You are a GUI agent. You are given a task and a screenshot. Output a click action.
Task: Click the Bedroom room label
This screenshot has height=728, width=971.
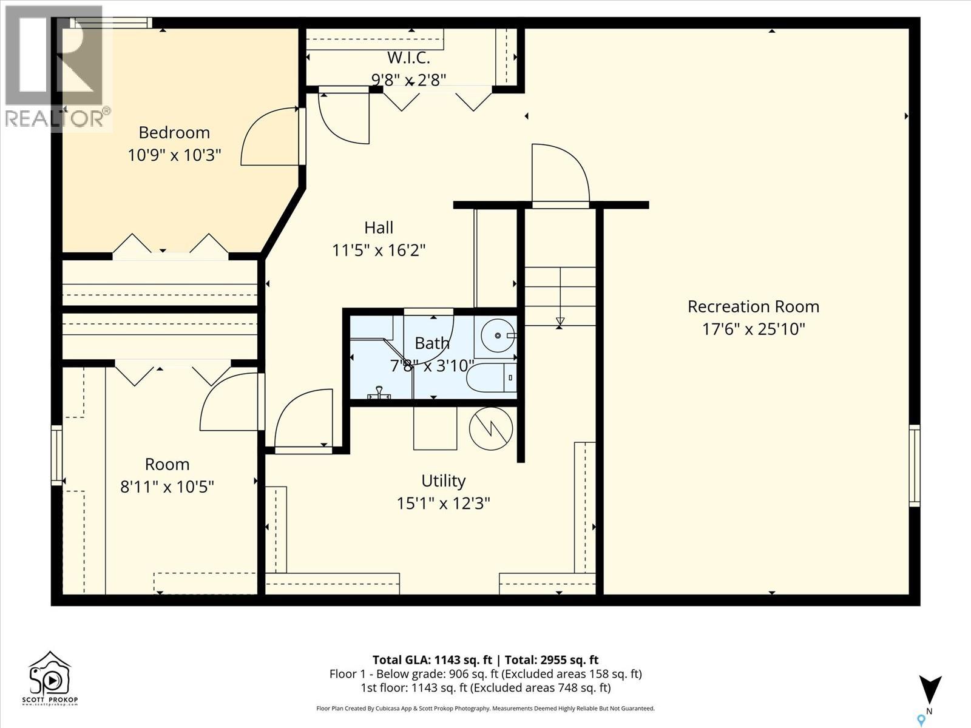(x=174, y=132)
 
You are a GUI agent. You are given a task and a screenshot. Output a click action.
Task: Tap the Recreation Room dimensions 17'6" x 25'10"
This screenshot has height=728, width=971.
(x=753, y=329)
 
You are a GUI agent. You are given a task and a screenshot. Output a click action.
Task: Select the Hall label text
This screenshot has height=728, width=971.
(x=379, y=227)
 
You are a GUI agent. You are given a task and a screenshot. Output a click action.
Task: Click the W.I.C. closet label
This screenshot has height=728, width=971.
(x=408, y=58)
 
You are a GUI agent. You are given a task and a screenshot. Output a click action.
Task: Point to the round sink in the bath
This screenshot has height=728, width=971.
(x=498, y=335)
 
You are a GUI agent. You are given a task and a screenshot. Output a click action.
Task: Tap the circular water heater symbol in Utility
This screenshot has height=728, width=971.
(x=491, y=428)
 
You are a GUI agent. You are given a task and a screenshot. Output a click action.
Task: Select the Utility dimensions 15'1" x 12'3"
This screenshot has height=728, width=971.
(x=443, y=504)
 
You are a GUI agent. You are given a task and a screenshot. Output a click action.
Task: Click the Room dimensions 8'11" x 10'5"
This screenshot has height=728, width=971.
(x=167, y=487)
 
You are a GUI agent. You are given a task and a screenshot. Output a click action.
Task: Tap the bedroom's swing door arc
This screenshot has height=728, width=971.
(x=267, y=136)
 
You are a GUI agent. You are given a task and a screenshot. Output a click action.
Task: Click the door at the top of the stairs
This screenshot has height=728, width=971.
(x=560, y=176)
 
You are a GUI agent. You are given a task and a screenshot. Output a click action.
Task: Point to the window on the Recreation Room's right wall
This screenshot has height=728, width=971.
(x=914, y=465)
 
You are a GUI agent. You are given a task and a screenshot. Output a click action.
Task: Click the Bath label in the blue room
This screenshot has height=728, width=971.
(x=432, y=343)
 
